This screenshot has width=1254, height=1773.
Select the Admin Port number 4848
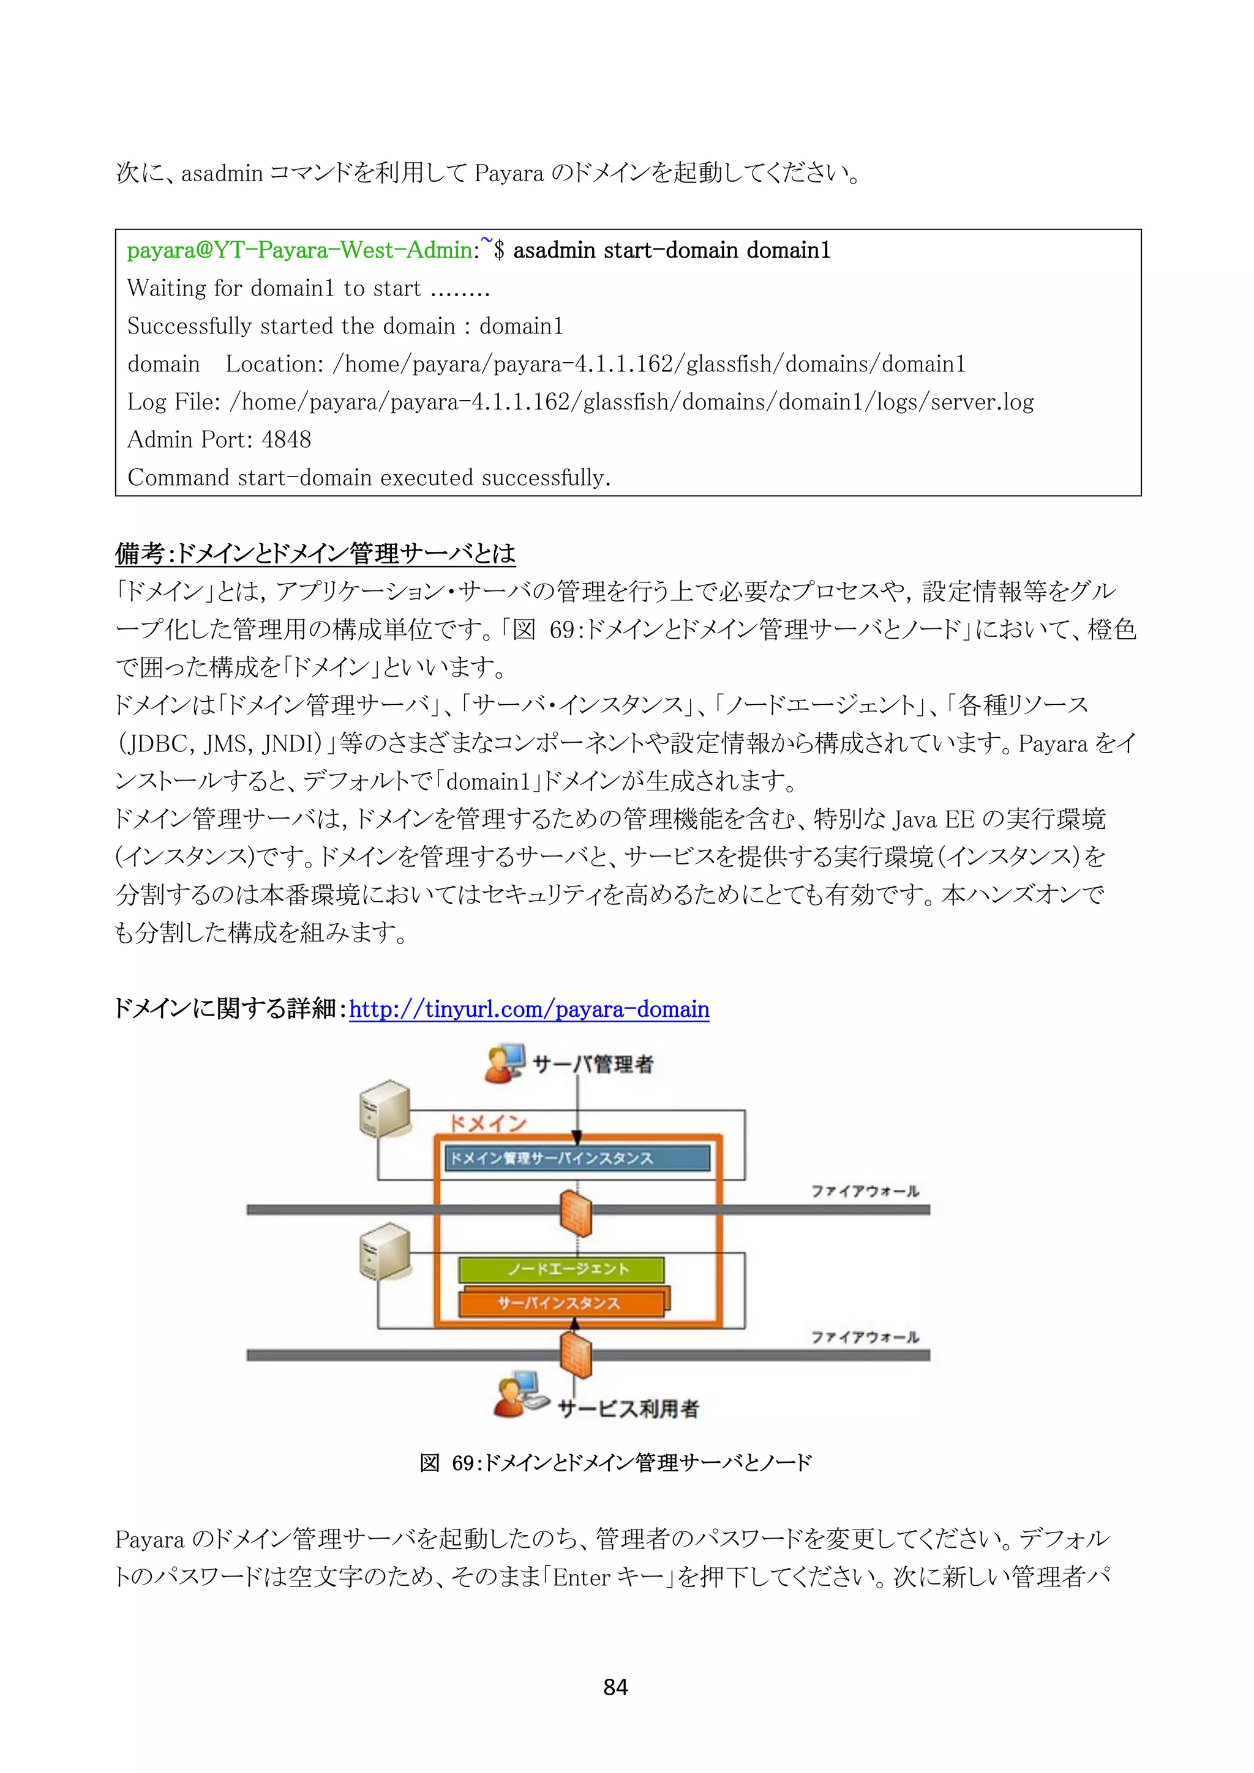point(287,439)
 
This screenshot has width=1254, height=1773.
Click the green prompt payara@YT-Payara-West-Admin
point(300,250)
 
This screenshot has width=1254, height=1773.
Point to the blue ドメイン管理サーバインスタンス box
point(577,1158)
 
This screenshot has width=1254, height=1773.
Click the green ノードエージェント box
point(561,1269)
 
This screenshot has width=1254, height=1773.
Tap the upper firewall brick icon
point(576,1213)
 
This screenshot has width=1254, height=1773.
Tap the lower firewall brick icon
point(576,1357)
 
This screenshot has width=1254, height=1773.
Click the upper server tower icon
point(385,1109)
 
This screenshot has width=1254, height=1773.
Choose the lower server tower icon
point(385,1252)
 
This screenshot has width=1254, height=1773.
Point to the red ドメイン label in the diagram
point(487,1123)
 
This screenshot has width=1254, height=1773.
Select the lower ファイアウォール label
point(865,1337)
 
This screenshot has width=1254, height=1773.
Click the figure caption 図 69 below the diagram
point(615,1463)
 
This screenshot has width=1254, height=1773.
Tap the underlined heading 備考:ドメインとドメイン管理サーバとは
point(315,553)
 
